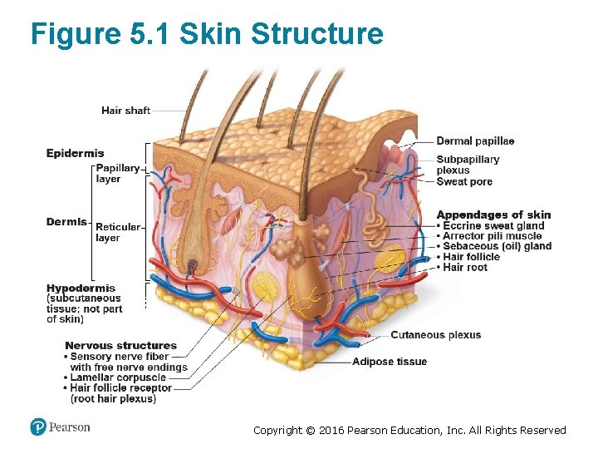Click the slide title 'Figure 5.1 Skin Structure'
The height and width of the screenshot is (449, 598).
207,34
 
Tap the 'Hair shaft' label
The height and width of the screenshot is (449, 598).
125,110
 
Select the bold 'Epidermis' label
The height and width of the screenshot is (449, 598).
75,153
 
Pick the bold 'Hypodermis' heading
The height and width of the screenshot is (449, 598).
81,289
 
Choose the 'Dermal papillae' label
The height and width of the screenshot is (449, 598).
475,141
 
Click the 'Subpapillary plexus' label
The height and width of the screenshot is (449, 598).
468,165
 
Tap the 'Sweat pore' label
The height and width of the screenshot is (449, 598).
464,182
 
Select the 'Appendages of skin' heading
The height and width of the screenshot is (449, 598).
493,215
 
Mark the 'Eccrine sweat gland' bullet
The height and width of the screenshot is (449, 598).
493,225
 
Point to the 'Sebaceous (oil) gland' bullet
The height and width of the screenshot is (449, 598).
497,246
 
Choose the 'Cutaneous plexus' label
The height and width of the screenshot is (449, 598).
435,335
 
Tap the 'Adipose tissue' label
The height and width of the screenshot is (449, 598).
389,362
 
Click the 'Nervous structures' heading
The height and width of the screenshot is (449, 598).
120,345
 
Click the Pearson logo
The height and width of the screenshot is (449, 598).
60,427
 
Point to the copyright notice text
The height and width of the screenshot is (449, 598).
409,430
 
